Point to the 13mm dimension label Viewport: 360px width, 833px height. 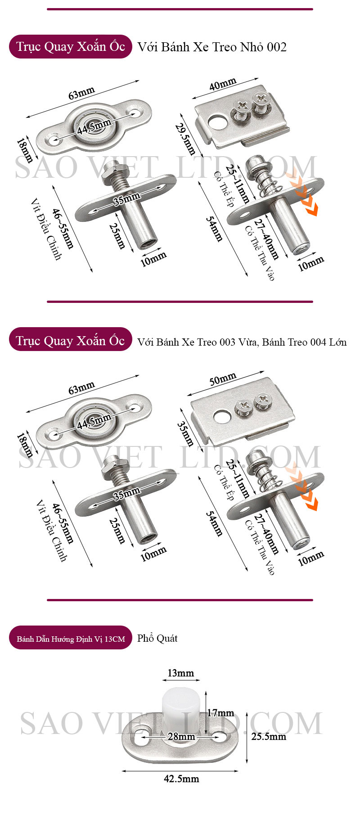[x=180, y=673]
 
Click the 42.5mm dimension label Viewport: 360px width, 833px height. [x=181, y=779]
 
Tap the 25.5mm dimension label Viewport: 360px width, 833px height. [x=269, y=736]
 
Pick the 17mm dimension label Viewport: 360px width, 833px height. [x=220, y=713]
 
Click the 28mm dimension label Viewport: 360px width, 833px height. [x=181, y=737]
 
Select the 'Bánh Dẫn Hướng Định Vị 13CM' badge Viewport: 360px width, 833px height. [x=71, y=638]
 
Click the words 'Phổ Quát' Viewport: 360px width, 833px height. [x=157, y=638]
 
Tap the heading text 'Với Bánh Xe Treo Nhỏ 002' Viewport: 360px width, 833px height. [x=212, y=47]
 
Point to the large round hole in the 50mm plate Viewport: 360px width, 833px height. [x=221, y=417]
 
